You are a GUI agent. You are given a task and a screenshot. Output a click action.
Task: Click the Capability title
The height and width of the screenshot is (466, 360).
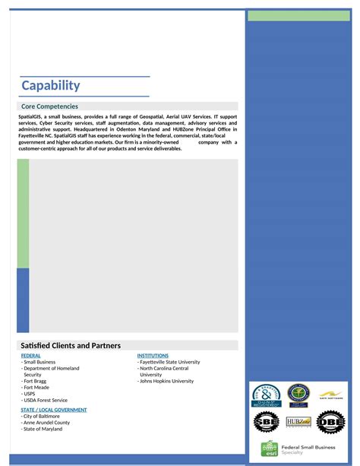(50, 86)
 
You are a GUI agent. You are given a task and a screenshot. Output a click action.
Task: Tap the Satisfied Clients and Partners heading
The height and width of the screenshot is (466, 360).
(71, 345)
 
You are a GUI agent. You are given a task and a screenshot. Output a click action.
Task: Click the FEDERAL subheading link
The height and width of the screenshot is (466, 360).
(31, 356)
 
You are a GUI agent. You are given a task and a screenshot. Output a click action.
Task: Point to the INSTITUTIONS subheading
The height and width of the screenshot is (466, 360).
(153, 356)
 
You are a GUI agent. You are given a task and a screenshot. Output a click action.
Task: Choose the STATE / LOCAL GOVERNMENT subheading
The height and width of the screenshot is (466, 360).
(54, 410)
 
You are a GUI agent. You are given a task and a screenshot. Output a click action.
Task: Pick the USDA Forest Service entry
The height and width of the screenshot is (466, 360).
(46, 400)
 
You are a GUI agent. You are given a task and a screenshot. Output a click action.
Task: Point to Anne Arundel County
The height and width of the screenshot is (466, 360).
(46, 423)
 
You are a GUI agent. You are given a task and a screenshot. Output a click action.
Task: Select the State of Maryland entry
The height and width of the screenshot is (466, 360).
(43, 429)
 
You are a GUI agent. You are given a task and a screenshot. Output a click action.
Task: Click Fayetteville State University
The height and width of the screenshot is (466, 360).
(169, 362)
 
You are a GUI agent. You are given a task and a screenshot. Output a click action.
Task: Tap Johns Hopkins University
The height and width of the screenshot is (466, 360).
(166, 381)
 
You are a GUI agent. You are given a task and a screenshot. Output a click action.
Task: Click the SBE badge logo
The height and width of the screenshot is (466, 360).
(267, 421)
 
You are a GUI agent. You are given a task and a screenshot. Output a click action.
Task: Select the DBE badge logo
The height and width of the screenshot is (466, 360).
(330, 421)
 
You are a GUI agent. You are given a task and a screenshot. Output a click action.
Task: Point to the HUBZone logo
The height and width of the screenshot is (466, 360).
(298, 422)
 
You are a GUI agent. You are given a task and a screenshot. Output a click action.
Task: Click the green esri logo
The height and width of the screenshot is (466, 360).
(269, 449)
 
